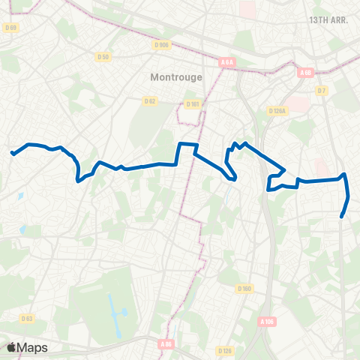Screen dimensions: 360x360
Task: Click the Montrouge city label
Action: pyautogui.click(x=175, y=76)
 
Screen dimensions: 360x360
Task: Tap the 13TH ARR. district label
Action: pyautogui.click(x=328, y=20)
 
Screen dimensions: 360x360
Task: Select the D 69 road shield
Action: pyautogui.click(x=10, y=28)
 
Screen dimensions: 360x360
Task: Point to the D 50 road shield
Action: pyautogui.click(x=103, y=57)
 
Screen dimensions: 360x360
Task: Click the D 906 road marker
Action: pyautogui.click(x=161, y=45)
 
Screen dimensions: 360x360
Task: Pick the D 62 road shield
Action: pyautogui.click(x=150, y=100)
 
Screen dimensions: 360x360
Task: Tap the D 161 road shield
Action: pyautogui.click(x=193, y=104)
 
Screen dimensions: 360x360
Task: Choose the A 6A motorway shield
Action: pyautogui.click(x=228, y=63)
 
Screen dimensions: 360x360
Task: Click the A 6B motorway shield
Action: pyautogui.click(x=304, y=73)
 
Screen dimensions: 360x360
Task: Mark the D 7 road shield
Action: pyautogui.click(x=322, y=91)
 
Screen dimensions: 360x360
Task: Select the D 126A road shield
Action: pyautogui.click(x=278, y=111)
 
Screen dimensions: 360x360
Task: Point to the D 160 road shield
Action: pyautogui.click(x=244, y=289)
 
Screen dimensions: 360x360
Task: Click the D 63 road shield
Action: pyautogui.click(x=27, y=318)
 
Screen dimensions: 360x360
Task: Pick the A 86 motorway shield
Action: pyautogui.click(x=166, y=344)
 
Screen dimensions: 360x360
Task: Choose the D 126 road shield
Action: pyautogui.click(x=223, y=350)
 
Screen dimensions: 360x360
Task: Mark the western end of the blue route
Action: pyautogui.click(x=12, y=154)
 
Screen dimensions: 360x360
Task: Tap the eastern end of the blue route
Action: pyautogui.click(x=342, y=217)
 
